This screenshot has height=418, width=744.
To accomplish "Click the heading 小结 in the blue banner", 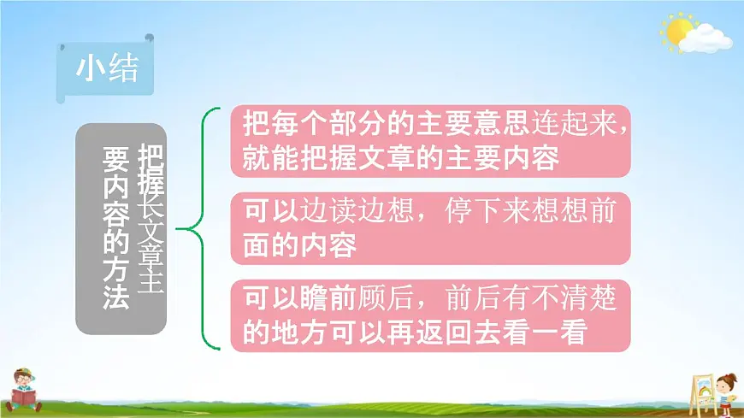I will pos(107,68).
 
